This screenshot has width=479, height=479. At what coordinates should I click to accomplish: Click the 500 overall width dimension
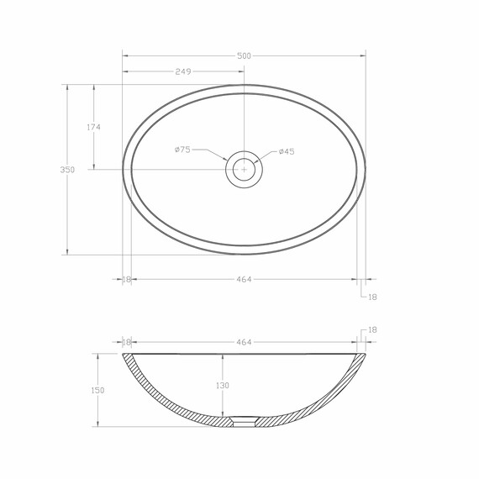pos(244,56)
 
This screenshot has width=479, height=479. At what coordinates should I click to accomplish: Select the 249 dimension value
pos(183,71)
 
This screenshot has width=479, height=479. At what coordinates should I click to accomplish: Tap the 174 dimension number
pos(93,127)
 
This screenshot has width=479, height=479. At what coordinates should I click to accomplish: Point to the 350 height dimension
pos(67,170)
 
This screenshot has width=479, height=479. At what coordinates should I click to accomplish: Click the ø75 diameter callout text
pos(182,150)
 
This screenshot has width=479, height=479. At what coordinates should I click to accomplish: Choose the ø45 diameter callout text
pos(287,151)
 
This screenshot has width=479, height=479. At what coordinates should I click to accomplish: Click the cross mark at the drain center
pos(244,169)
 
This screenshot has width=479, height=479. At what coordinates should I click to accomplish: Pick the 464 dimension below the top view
pos(244,279)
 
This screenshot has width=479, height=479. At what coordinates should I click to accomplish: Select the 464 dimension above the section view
pos(244,342)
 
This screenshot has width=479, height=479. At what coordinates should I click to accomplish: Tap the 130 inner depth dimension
pos(223,386)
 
